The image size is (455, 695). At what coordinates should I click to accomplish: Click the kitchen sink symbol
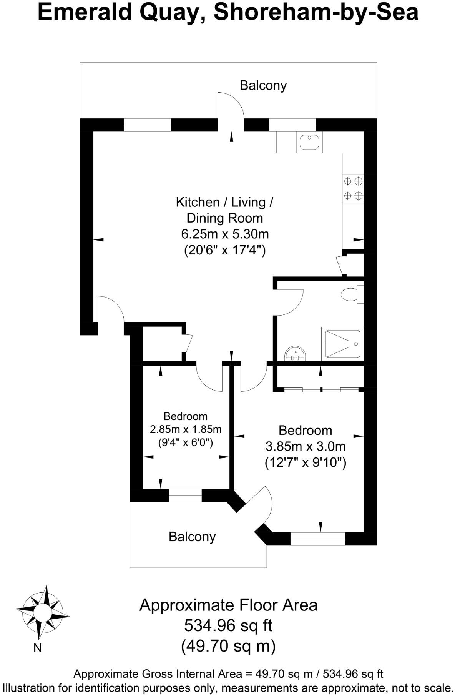coord(309,142)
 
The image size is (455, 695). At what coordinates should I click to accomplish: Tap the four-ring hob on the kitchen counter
coord(353,188)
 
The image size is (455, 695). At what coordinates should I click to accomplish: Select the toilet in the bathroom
coord(351,294)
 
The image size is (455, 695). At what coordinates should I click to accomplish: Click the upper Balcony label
coord(263,85)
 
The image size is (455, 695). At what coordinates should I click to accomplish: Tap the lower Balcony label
coord(192,537)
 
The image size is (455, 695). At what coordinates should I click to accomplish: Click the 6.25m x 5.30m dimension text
coord(225,234)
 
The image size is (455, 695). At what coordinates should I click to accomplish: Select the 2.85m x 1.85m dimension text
coord(186,429)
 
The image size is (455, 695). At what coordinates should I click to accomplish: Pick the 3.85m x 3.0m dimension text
coord(306,446)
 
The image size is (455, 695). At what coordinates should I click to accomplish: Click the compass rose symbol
coord(42,611)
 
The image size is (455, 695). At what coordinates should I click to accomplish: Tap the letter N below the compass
coord(37,648)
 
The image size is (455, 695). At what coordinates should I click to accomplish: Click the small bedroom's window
coord(185,495)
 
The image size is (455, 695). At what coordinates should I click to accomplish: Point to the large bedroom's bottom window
coord(318,539)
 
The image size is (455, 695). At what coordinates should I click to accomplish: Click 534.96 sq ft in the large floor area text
coord(228,625)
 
